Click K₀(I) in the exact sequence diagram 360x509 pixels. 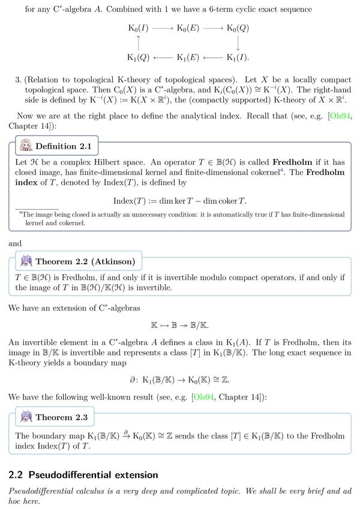coord(139,28)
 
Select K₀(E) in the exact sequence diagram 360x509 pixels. coord(188,28)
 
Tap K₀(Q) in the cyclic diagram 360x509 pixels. coord(238,28)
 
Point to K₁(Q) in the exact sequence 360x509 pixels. coord(139,58)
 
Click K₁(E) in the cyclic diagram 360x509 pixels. coord(188,58)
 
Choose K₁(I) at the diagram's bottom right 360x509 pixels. coord(238,58)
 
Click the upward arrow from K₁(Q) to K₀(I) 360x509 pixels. coord(139,43)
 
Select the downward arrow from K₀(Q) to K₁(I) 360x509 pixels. coord(238,43)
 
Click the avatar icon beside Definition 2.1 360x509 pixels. coord(26,146)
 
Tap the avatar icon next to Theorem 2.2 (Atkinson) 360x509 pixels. coord(26,261)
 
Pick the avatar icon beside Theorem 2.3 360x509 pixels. coord(26,416)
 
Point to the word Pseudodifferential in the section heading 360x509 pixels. coord(76,475)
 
